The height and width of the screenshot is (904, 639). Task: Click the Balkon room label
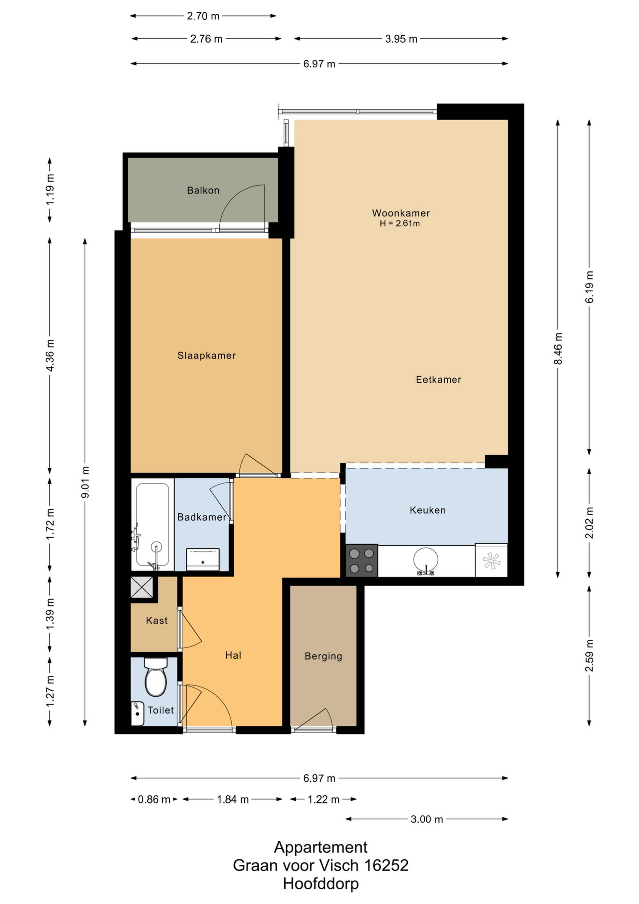203,191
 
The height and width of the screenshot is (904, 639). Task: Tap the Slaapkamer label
207,355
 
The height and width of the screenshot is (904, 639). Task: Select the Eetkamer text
438,380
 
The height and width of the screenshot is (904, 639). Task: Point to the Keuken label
428,510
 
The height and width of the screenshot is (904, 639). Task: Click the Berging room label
323,656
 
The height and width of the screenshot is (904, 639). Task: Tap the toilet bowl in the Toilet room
156,677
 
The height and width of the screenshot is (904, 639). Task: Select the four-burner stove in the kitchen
362,561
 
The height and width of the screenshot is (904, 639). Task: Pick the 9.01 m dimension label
85,482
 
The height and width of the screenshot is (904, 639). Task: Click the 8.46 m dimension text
558,348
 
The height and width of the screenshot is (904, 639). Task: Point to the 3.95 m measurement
401,39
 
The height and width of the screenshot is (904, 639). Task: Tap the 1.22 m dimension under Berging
323,800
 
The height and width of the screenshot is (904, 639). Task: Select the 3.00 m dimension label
427,819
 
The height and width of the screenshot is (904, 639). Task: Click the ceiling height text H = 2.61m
400,224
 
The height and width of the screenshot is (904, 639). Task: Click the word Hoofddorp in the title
321,884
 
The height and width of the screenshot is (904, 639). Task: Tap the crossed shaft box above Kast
142,588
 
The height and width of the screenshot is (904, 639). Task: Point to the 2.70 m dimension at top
203,16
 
